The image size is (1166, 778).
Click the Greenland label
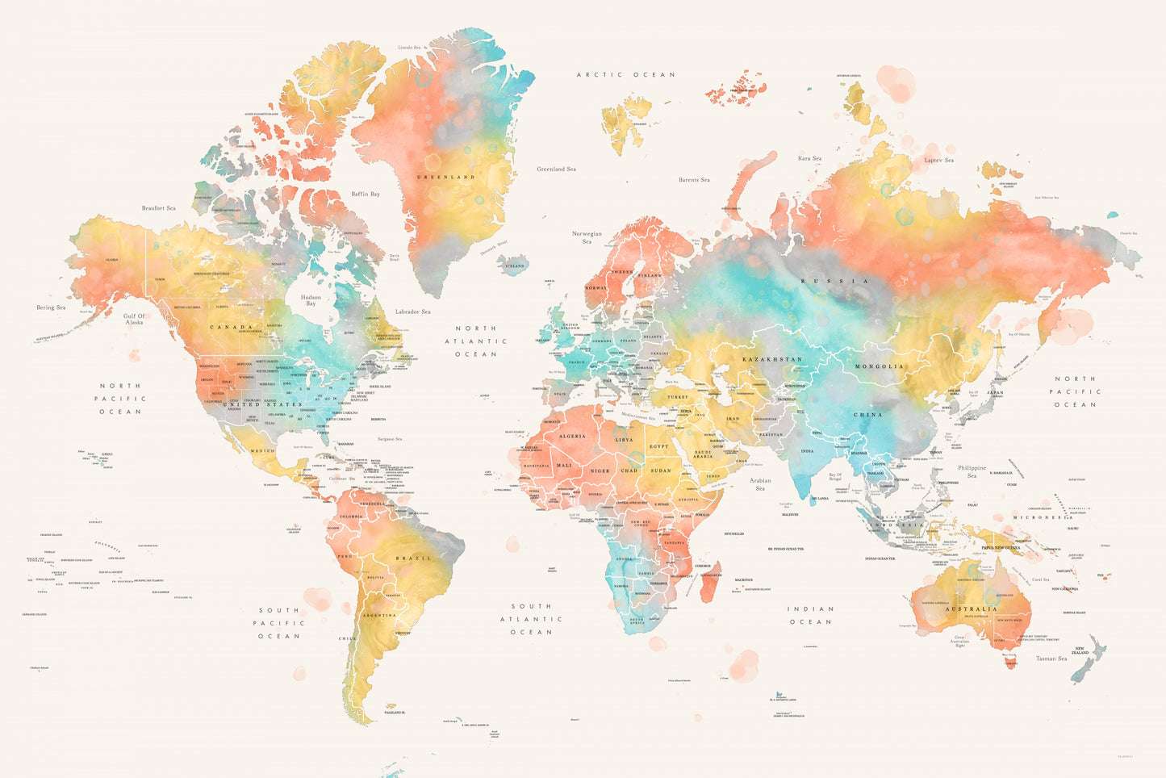pyautogui.click(x=445, y=177)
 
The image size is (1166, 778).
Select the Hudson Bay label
pyautogui.click(x=311, y=300)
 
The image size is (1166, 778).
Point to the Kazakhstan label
pyautogui.click(x=772, y=358)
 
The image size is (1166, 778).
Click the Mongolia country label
pyautogui.click(x=880, y=366)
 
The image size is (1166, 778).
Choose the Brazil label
pyautogui.click(x=413, y=558)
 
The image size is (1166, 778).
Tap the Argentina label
pyautogui.click(x=379, y=616)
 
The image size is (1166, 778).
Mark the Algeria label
pyautogui.click(x=572, y=437)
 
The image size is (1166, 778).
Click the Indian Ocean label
pyautogui.click(x=810, y=616)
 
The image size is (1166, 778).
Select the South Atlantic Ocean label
pyautogui.click(x=531, y=619)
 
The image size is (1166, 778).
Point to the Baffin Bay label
pyautogui.click(x=365, y=194)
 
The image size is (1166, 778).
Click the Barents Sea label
pyautogui.click(x=694, y=180)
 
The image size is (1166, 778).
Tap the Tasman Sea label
pyautogui.click(x=1051, y=659)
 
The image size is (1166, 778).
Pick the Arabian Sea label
pyautogui.click(x=760, y=485)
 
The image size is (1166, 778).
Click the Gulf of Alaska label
pyautogui.click(x=134, y=319)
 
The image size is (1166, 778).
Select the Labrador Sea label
pyautogui.click(x=412, y=312)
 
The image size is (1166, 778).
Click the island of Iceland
pyautogui.click(x=513, y=265)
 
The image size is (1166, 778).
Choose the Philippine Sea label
pyautogui.click(x=972, y=471)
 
